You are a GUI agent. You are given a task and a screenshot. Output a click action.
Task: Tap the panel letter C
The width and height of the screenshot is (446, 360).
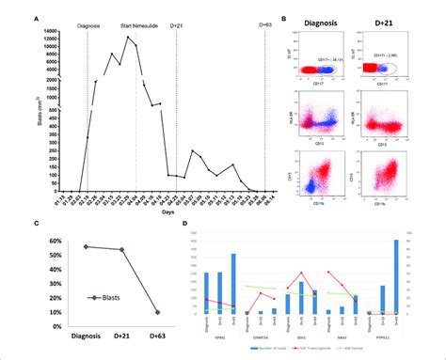coord(36,223)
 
